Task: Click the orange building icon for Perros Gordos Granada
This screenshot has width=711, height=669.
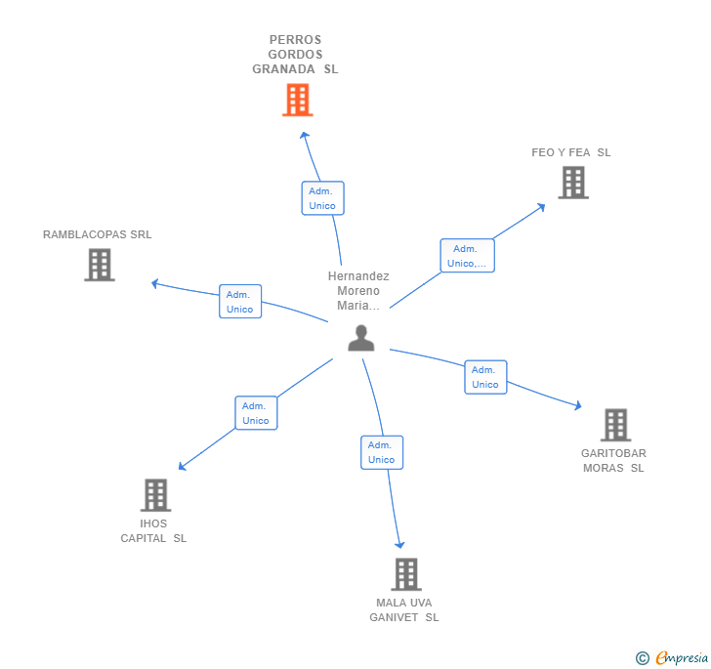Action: point(297,100)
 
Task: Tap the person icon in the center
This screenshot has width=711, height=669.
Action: point(361,338)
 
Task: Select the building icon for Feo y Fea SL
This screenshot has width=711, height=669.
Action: point(573,183)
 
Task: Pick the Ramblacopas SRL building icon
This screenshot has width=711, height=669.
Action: point(100,265)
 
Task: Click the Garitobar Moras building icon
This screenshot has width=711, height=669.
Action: point(615,425)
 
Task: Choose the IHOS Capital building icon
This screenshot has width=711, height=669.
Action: point(155,495)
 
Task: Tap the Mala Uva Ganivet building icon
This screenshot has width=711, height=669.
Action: point(406,574)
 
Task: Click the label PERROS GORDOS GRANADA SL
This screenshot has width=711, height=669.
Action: point(295,55)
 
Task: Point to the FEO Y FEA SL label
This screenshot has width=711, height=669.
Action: point(571,152)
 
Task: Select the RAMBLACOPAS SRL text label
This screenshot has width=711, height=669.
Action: point(98,234)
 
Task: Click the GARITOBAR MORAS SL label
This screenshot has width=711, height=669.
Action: point(613,460)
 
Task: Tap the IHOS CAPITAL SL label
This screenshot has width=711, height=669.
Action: point(153,530)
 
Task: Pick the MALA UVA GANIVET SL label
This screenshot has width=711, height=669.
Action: point(404,609)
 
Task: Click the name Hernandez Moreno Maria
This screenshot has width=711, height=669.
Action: point(358,291)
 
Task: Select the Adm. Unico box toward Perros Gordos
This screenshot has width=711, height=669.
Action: point(322,198)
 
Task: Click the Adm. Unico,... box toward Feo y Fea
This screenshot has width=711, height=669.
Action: point(467,256)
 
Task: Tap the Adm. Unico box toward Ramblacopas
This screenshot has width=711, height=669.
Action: point(240,302)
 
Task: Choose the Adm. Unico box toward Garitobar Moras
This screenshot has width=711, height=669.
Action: point(485,377)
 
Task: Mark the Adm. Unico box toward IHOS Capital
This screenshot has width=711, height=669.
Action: point(256,413)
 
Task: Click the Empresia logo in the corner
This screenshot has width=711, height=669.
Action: point(673,657)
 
